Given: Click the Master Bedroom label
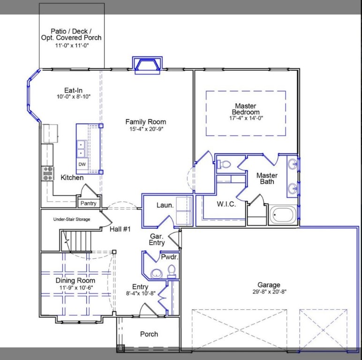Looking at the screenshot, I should pyautogui.click(x=246, y=109).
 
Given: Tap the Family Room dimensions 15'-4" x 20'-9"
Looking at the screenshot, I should pyautogui.click(x=145, y=129).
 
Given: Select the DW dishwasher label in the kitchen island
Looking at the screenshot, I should pyautogui.click(x=82, y=165).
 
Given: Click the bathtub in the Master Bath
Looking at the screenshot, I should pyautogui.click(x=283, y=216).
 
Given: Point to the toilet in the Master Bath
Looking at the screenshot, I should pyautogui.click(x=224, y=164).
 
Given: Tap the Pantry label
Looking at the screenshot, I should pyautogui.click(x=88, y=203).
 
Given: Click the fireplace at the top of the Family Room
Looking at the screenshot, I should pyautogui.click(x=148, y=65).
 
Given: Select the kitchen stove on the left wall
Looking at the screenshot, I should pyautogui.click(x=48, y=173).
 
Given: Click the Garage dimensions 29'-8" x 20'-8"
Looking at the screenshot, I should pyautogui.click(x=269, y=292).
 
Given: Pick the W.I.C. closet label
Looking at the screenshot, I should pyautogui.click(x=226, y=205).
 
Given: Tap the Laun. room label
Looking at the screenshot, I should pyautogui.click(x=165, y=205).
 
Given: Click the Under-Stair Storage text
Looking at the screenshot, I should pyautogui.click(x=71, y=219).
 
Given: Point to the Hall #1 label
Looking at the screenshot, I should pyautogui.click(x=120, y=229).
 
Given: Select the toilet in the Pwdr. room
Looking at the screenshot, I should pyautogui.click(x=172, y=271).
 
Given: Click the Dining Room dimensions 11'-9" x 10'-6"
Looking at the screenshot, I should pyautogui.click(x=75, y=287).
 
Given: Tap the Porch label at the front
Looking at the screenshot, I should pyautogui.click(x=149, y=334).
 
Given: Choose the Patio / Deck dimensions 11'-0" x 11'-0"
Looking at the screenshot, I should pyautogui.click(x=72, y=45).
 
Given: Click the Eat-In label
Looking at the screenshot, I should pyautogui.click(x=74, y=90).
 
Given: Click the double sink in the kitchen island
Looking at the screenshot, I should pyautogui.click(x=81, y=149).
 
